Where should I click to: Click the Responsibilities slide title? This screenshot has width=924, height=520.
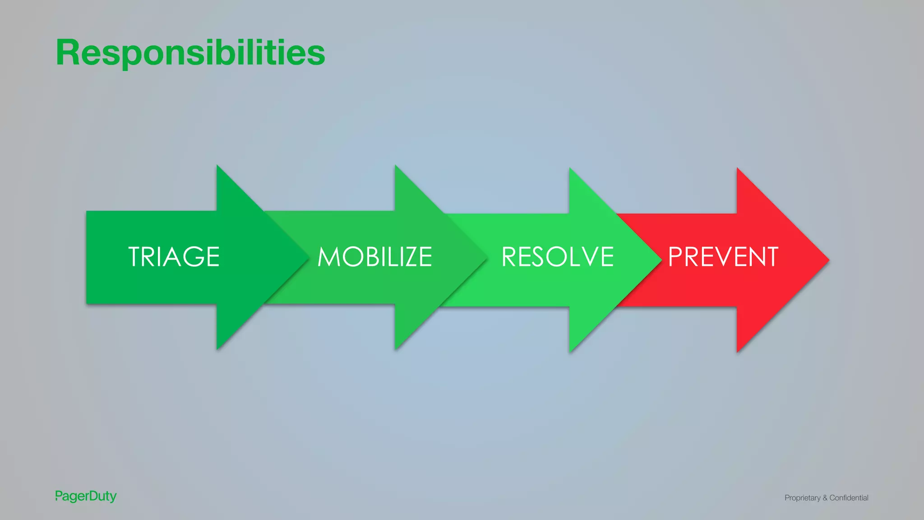coord(190,53)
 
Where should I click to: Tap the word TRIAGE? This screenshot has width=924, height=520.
coord(174,257)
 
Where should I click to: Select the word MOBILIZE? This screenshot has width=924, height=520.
coord(374,257)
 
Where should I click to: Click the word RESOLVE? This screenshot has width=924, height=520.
coord(558,257)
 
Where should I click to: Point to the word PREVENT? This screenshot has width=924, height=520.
coord(723,257)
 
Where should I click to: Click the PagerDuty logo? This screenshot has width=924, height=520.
coord(86,496)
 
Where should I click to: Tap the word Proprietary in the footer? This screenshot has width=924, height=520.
coord(802,498)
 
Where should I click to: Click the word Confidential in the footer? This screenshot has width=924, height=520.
coord(849,498)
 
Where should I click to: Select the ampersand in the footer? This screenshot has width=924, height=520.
coord(825,498)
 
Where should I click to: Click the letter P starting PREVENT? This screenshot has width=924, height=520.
coord(675,257)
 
